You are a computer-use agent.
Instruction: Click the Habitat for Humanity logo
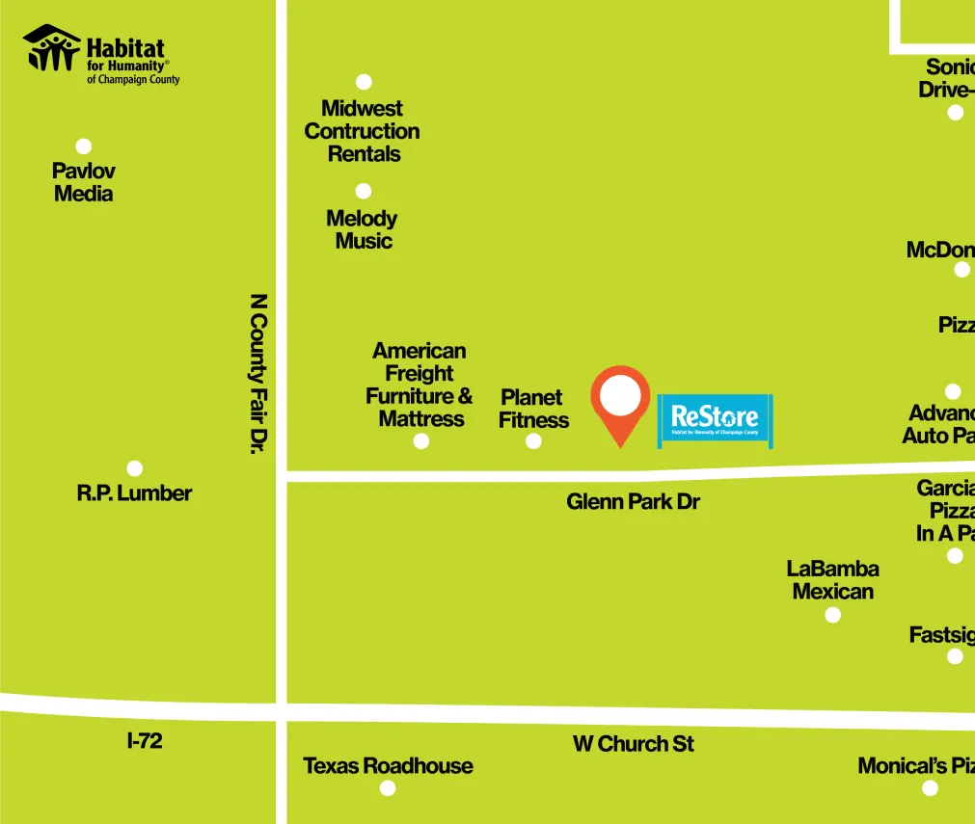(x=100, y=54)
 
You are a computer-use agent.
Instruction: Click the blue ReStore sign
(x=715, y=419)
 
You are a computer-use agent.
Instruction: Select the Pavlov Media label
(x=83, y=182)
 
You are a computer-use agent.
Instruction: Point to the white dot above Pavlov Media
(x=84, y=146)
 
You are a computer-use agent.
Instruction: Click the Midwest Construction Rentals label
(x=363, y=131)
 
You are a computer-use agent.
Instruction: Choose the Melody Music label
(x=363, y=229)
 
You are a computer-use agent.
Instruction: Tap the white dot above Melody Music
(x=364, y=191)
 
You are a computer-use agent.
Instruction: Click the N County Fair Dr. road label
(x=257, y=373)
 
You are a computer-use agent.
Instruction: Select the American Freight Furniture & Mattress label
(x=420, y=385)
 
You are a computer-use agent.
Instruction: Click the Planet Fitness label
(x=533, y=409)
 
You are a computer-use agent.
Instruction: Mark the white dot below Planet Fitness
(x=533, y=441)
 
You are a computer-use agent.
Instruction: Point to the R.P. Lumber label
(x=134, y=493)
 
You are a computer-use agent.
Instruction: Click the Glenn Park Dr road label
(x=633, y=502)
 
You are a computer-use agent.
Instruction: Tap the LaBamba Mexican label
(x=833, y=580)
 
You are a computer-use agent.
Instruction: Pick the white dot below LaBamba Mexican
(x=833, y=615)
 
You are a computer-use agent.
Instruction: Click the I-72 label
(x=145, y=741)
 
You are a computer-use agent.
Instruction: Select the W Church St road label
(x=633, y=744)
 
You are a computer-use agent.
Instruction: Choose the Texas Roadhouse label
(x=388, y=766)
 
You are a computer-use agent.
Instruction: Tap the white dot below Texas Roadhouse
(x=388, y=788)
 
